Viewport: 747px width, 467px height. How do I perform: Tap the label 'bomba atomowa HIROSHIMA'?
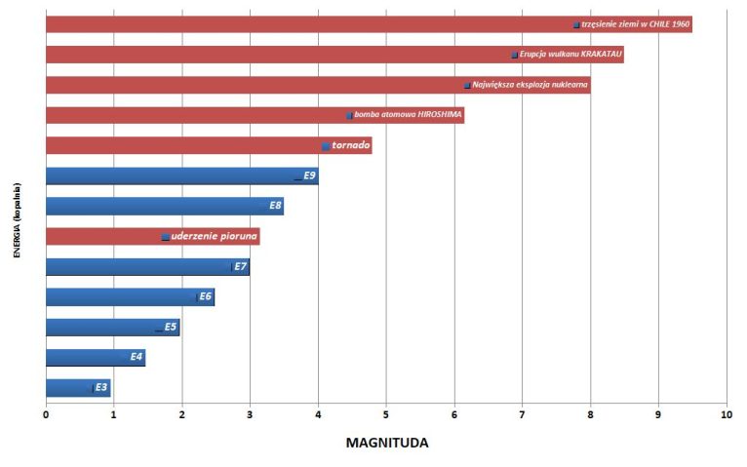407,115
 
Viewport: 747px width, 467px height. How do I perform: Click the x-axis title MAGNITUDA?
387,443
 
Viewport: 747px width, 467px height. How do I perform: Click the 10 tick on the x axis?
726,415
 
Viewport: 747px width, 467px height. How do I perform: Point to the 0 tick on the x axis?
46,415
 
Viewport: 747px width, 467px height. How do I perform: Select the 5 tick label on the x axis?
386,415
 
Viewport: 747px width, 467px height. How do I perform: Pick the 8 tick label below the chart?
590,415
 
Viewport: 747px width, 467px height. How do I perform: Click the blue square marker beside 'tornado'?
326,146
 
